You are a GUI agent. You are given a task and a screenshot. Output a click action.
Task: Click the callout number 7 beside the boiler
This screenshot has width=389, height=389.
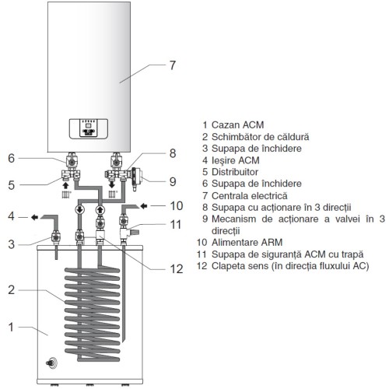(173, 65)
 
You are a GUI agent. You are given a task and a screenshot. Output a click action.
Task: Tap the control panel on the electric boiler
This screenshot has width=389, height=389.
(89, 129)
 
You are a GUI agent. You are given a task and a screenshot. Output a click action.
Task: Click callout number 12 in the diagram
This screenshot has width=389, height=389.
(177, 269)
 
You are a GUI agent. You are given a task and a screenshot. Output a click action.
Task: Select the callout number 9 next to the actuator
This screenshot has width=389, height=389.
(173, 181)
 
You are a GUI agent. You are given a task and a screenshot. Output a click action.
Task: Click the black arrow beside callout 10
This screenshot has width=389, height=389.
(144, 206)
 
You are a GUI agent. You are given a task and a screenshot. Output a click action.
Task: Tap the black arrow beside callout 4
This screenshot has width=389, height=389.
(34, 217)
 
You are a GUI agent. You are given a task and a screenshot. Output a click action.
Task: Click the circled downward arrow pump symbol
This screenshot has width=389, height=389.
(79, 209)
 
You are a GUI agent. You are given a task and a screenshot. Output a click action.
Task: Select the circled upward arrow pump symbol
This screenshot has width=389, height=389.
(100, 209)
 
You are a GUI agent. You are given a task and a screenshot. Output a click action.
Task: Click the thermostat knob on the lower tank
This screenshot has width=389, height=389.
(51, 363)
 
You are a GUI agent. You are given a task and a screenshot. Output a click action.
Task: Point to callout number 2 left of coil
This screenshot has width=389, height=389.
(11, 290)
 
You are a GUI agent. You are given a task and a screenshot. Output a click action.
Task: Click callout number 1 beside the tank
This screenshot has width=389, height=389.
(11, 328)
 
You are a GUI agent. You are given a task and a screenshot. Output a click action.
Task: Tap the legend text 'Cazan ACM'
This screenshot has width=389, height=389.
(237, 125)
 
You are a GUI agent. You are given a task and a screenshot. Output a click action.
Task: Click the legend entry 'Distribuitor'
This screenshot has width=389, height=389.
(235, 172)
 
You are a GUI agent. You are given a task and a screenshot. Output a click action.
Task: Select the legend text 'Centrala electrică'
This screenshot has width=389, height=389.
(250, 195)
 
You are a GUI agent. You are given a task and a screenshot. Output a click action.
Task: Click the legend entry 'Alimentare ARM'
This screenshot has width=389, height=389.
(247, 243)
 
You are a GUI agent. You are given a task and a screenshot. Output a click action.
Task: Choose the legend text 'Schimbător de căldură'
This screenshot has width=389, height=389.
(261, 137)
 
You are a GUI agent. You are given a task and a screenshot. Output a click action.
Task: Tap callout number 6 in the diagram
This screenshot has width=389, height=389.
(11, 158)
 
